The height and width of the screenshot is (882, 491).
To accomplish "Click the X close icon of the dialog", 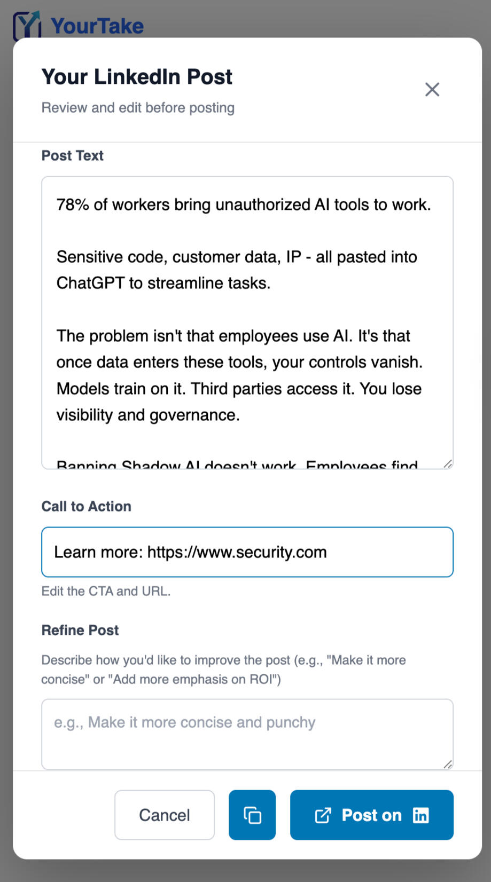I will point(432,89).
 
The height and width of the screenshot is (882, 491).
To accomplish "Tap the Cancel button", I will point(165,815).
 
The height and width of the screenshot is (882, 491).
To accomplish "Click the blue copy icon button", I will point(252,815).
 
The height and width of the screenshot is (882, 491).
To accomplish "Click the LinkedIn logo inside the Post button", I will point(420,815).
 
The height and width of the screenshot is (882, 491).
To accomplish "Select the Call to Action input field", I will point(247,552).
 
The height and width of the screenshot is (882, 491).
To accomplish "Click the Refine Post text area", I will point(247,734).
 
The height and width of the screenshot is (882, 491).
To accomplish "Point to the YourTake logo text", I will point(97,26).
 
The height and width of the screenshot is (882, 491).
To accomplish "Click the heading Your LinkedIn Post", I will point(137,77).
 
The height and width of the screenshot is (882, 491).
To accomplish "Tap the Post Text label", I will point(73,155).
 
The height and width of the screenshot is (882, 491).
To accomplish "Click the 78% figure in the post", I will point(73,204).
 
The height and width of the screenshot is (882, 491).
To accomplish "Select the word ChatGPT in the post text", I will point(90,283).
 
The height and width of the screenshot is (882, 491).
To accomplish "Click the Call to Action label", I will point(87,506).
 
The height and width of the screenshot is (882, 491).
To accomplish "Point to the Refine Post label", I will point(80,630).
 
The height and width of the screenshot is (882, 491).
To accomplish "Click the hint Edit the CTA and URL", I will point(106,591).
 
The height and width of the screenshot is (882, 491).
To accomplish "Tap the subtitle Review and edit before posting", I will point(138,108).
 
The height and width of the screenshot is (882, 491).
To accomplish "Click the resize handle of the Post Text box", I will point(448,464).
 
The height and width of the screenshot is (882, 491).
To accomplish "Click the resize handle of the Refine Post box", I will point(448,765).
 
